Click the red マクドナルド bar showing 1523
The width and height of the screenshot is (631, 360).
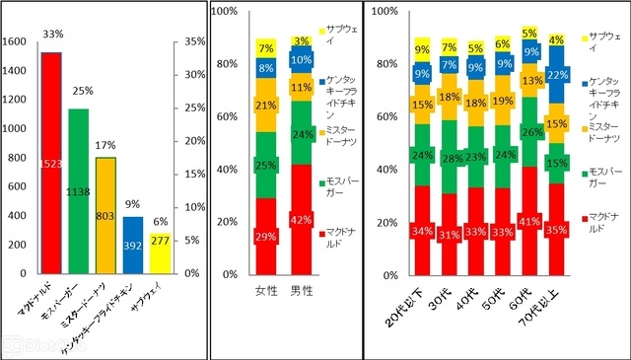(51, 163)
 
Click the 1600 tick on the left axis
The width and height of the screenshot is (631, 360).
(17, 42)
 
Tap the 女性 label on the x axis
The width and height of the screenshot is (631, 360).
(265, 292)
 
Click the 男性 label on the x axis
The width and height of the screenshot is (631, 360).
(301, 292)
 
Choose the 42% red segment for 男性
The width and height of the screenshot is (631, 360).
(301, 219)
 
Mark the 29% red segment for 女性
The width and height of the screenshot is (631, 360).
(265, 236)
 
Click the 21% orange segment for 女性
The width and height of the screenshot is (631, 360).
(265, 106)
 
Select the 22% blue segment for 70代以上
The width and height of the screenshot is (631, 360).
(556, 75)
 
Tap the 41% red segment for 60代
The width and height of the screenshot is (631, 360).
(529, 221)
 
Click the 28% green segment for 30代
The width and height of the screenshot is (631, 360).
(450, 157)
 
